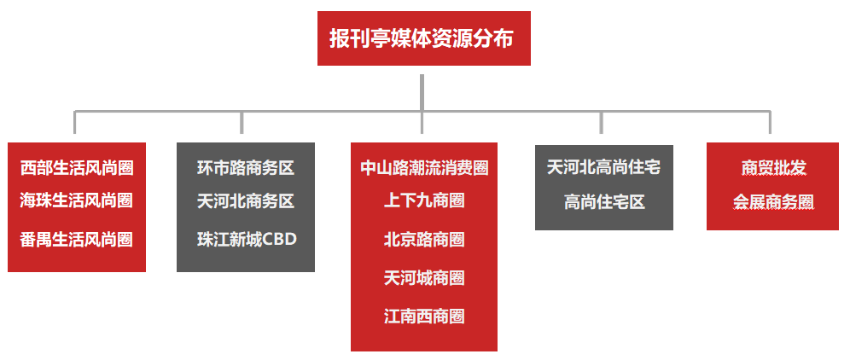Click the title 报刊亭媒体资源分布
point(423,39)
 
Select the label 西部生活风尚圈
point(77,167)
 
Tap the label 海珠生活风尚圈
point(77,200)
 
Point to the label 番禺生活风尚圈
point(77,240)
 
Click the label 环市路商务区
point(246,167)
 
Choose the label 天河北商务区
point(246,201)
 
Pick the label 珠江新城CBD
point(246,239)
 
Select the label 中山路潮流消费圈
point(424,167)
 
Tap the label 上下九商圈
point(424,200)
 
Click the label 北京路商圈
point(424,240)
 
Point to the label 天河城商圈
point(424,278)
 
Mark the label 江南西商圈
point(424,316)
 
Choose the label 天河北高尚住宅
point(603,167)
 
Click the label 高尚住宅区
point(603,202)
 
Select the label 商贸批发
point(773,167)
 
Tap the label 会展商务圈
point(773,202)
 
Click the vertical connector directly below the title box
point(422,92)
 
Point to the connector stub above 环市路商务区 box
point(242,123)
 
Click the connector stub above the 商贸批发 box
point(770,123)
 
